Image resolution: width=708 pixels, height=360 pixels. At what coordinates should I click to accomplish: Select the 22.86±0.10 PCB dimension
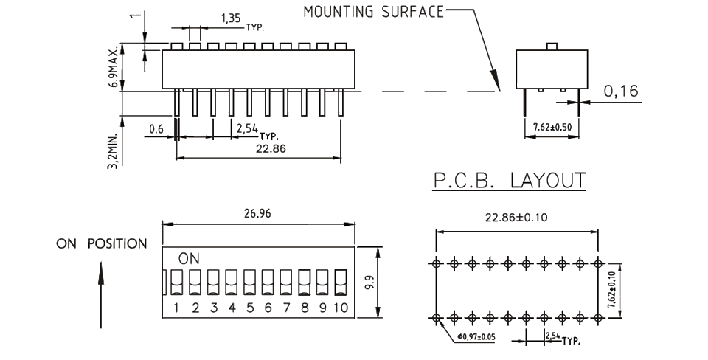click(518, 218)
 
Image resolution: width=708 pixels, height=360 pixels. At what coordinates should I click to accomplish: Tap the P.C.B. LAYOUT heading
click(508, 180)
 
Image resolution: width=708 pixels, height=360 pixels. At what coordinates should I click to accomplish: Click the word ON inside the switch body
click(188, 259)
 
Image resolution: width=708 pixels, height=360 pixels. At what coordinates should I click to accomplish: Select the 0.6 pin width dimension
click(156, 128)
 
